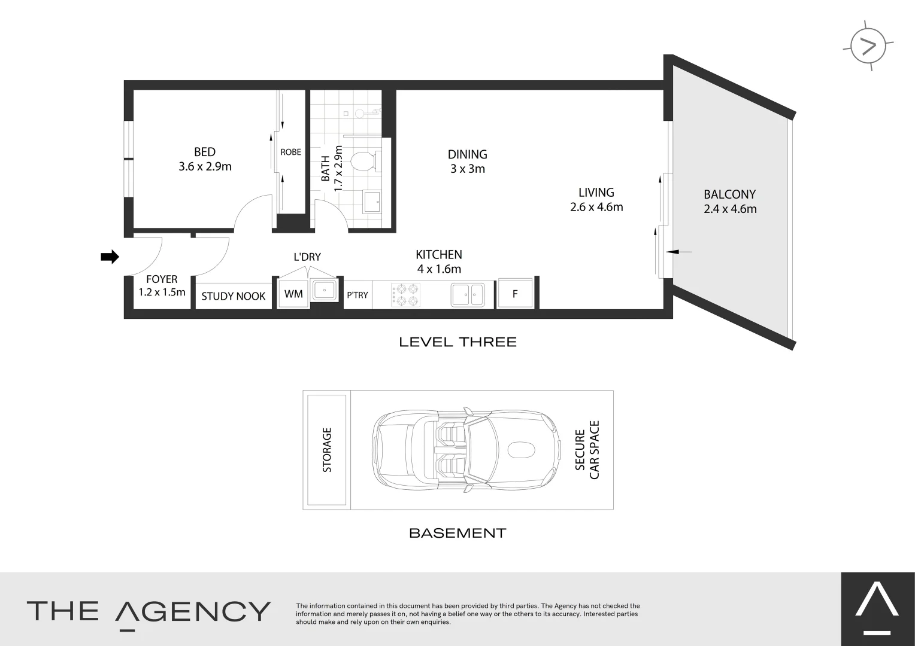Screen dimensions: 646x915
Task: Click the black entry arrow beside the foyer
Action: point(109,257)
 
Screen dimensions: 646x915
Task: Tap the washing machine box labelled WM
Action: point(293,294)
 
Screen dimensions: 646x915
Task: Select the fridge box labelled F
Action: point(515,294)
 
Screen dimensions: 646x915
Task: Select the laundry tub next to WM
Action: point(325,291)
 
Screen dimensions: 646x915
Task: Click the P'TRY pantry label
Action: point(357,295)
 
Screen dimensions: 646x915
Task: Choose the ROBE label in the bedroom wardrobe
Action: point(291,152)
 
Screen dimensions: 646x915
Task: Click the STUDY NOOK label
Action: point(233,296)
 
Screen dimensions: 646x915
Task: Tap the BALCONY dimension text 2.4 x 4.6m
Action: point(730,209)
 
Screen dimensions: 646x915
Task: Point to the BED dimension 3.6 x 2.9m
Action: point(205,166)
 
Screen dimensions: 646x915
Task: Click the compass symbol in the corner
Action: point(868,46)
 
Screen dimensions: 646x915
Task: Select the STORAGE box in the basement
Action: point(327,450)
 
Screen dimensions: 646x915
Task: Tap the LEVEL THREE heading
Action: point(457,342)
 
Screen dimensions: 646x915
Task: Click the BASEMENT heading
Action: point(457,533)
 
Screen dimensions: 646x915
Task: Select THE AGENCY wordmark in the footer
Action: point(149,611)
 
